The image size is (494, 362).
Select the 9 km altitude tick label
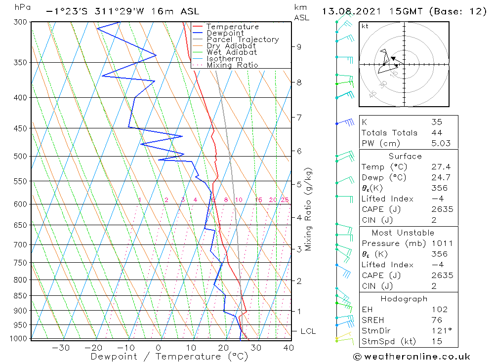(x=299, y=47)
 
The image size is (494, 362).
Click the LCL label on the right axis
(x=308, y=331)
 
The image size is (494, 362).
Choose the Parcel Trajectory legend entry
(x=243, y=40)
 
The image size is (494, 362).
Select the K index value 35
(x=436, y=122)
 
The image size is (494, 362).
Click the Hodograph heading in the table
(x=405, y=299)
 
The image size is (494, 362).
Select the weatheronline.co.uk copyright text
(x=412, y=357)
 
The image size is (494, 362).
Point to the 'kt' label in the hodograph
(x=365, y=26)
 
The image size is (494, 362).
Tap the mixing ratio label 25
(x=285, y=200)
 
